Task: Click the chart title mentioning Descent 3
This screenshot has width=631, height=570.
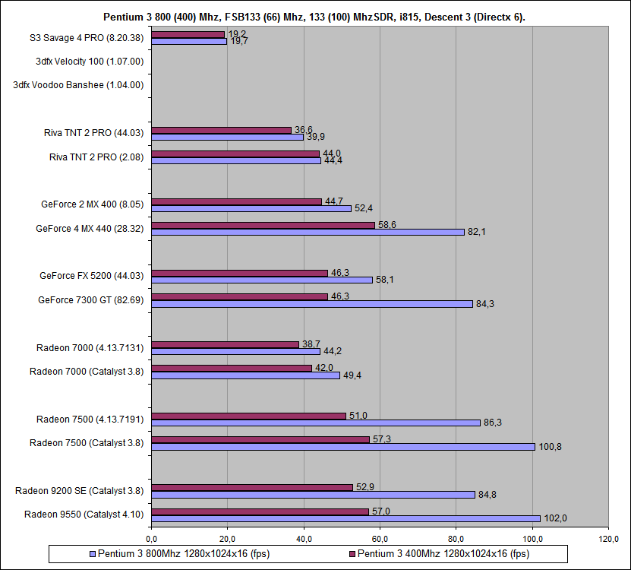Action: [315, 17]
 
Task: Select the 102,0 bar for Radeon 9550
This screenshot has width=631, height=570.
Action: [345, 518]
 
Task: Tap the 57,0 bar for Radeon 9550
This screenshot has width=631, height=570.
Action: [260, 511]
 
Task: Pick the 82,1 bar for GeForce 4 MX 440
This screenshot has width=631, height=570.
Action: [308, 232]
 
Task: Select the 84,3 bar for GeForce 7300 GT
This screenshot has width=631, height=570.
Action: [312, 303]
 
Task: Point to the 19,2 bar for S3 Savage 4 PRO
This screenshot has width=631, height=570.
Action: [188, 34]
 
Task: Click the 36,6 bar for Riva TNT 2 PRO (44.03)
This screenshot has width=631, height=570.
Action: [221, 130]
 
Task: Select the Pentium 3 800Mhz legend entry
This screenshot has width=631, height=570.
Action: [183, 553]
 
